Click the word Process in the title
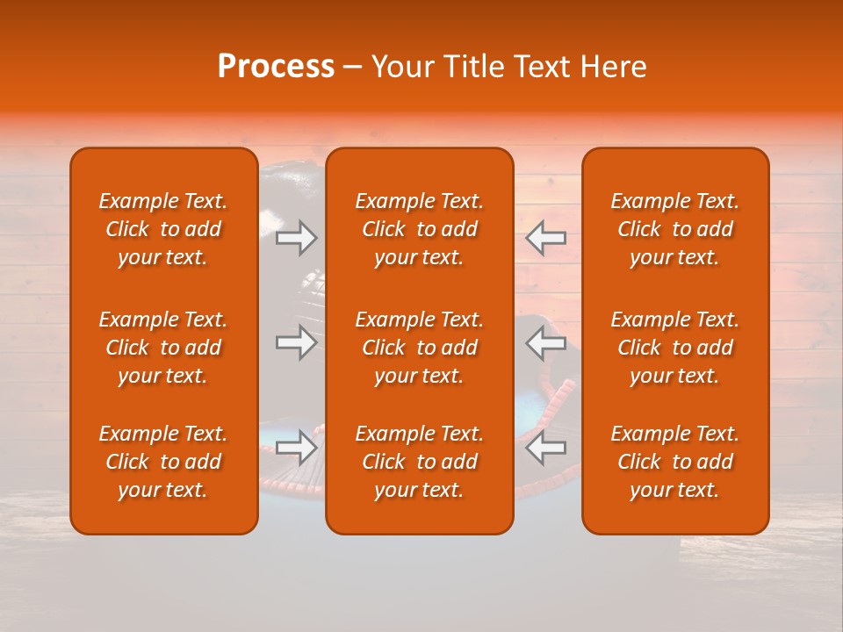(276, 67)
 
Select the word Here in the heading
(613, 67)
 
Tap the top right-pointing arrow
(296, 237)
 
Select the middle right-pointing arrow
(296, 342)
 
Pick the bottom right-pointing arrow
(296, 447)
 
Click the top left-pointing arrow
(546, 237)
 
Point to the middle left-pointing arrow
(546, 342)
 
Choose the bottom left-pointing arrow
(546, 447)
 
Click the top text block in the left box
(163, 229)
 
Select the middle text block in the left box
(163, 348)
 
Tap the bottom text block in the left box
(163, 462)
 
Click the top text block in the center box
(419, 229)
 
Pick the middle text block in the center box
(419, 348)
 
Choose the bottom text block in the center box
(419, 462)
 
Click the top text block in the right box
(674, 229)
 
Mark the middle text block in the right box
(674, 348)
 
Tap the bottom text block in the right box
(674, 462)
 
